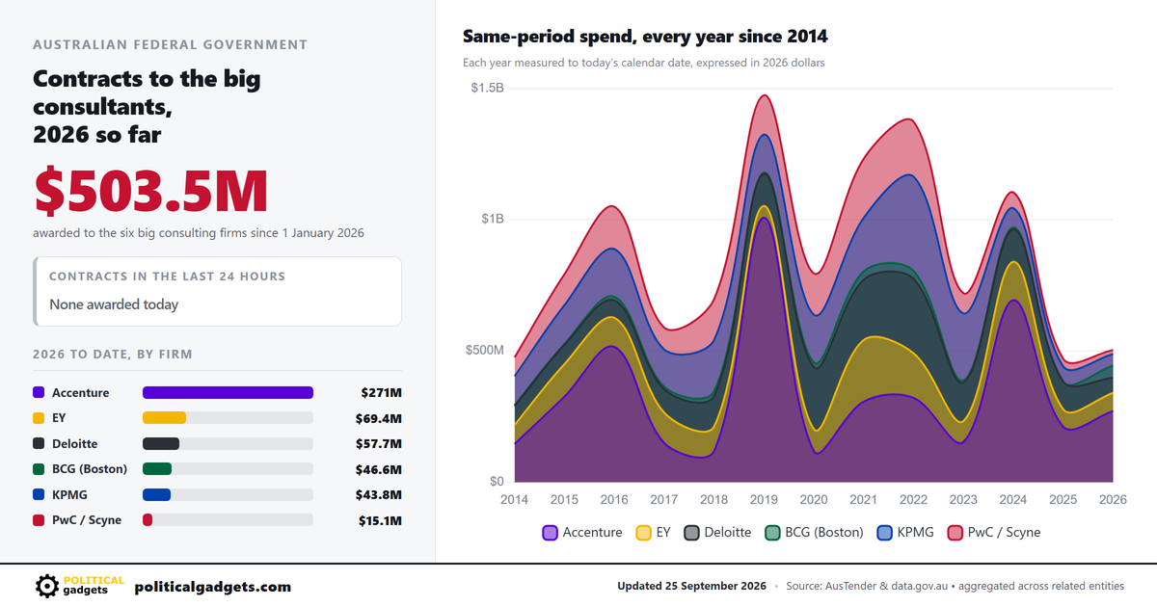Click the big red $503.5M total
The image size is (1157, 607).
point(150,191)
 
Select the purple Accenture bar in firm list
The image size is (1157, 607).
point(228,393)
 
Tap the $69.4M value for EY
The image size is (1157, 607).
point(378,418)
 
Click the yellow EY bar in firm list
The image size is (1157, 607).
point(164,418)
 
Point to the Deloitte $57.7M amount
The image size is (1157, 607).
point(378,444)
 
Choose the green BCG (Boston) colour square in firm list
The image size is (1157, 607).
point(39,469)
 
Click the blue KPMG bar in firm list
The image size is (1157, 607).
point(156,495)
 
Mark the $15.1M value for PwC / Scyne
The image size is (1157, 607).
point(380,521)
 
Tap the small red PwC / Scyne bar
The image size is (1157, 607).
point(148,520)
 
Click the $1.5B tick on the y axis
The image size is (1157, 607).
point(487,88)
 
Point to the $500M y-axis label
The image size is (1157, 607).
point(484,350)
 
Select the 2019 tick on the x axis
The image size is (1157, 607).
point(764,500)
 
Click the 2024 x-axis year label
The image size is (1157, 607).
point(1013,500)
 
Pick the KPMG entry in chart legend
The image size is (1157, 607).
point(905,532)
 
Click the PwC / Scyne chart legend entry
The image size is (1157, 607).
point(994,532)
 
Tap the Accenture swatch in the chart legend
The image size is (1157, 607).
point(551,533)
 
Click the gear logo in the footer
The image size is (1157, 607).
point(47,587)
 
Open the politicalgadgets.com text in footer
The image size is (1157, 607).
point(213,587)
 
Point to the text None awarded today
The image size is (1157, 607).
point(114,304)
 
